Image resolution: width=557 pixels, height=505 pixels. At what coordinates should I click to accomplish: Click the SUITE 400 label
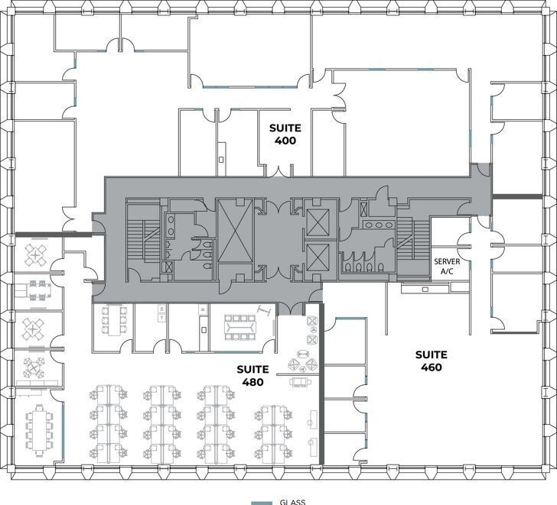(x=285, y=134)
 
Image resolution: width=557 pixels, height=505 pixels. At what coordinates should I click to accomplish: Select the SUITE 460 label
(x=432, y=361)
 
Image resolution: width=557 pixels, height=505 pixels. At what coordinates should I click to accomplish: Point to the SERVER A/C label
(x=447, y=266)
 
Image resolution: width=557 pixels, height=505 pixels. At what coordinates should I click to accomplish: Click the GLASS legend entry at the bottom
(x=292, y=502)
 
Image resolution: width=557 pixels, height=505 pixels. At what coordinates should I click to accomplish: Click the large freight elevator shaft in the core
(x=235, y=230)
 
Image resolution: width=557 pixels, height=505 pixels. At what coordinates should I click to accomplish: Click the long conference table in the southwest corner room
(x=37, y=431)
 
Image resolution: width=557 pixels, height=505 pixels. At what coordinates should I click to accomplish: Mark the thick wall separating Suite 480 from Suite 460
(x=321, y=382)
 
